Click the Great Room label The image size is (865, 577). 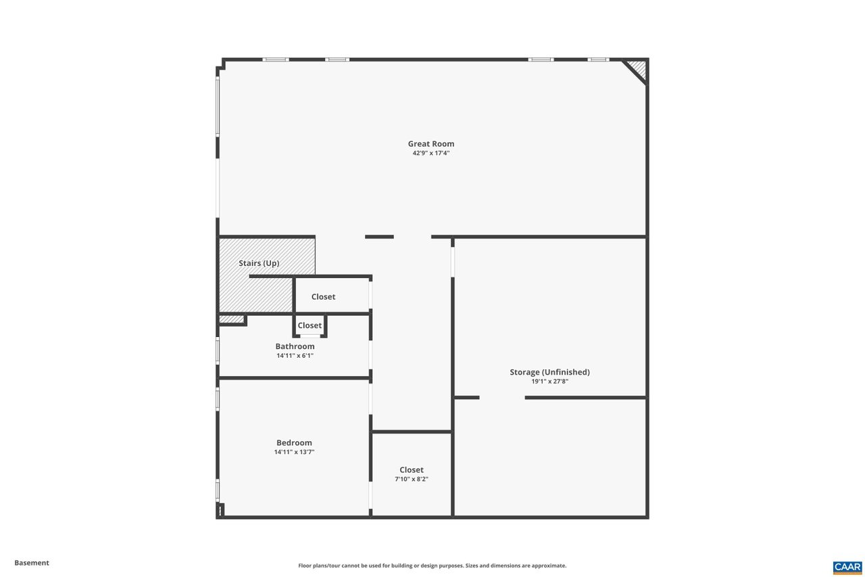pos(430,143)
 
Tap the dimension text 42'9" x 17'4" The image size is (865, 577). pos(430,154)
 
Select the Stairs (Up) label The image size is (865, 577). pos(259,263)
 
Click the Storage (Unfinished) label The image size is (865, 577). pos(549,372)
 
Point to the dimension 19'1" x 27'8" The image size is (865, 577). pos(549,382)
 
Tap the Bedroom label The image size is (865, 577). pos(294,443)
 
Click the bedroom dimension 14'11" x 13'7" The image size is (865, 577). pos(294,453)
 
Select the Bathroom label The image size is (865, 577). pos(295,346)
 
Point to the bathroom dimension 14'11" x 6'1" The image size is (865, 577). pos(295,356)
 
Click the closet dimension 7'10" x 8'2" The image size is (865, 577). pos(412,480)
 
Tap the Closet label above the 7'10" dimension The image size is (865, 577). pos(412,470)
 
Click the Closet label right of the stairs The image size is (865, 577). pos(323,297)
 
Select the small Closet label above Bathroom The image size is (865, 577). pos(310,325)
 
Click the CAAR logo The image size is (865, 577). pos(847,568)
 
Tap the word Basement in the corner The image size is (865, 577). pos(32,563)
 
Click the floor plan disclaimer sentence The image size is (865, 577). pos(432,566)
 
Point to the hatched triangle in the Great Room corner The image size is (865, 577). pos(637,68)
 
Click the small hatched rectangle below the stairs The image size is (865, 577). pos(231,319)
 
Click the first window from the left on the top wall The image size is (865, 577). pos(276,60)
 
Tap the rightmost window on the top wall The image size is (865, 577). pos(598,60)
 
